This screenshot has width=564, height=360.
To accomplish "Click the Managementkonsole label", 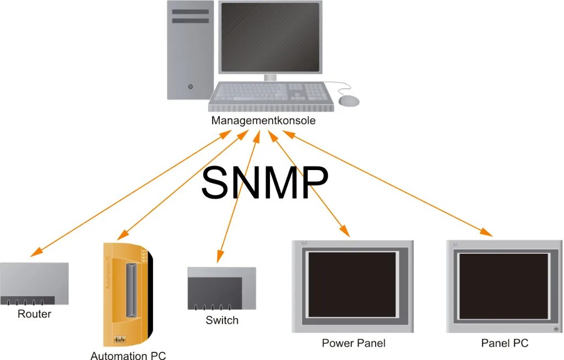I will (263, 121).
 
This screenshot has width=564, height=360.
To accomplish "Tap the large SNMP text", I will (264, 183).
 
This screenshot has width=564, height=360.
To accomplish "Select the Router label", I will (34, 314).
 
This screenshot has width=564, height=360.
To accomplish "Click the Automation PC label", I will (128, 355).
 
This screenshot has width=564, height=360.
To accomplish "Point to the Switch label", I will (222, 320).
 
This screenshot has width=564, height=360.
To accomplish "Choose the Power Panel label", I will (354, 343).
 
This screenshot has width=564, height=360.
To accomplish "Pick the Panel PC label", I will (505, 343).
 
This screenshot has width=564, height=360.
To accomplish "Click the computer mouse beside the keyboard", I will (349, 101).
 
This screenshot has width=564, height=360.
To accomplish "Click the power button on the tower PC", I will (191, 86).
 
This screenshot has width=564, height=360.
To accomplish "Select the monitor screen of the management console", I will (270, 37).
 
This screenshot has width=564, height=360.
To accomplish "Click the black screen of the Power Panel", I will (352, 285).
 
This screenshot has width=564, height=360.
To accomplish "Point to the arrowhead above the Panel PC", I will (487, 232).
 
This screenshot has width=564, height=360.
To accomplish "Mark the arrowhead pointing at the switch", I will (220, 256).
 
